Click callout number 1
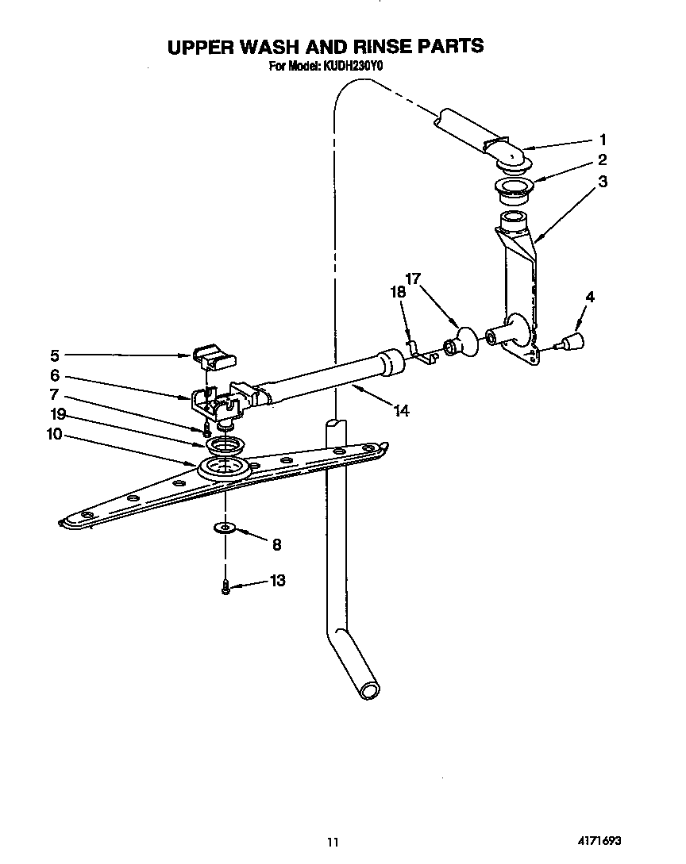click(603, 139)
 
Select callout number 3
click(603, 181)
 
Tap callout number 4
click(589, 297)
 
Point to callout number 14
click(402, 411)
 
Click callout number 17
click(413, 278)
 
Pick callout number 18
click(398, 292)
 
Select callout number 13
click(277, 581)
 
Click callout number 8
click(276, 544)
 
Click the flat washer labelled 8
click(225, 528)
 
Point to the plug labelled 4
click(572, 342)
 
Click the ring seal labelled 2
click(514, 189)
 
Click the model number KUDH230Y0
click(353, 67)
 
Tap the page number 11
click(333, 842)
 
